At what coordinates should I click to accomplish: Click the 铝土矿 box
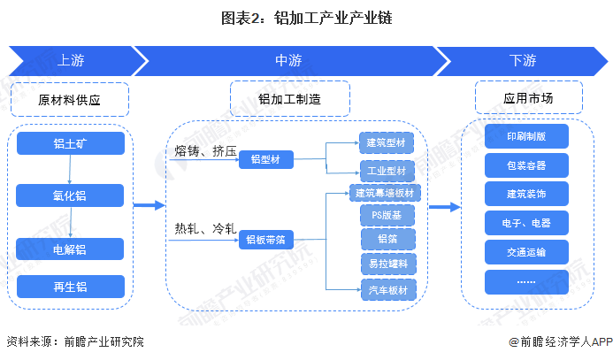point(71,143)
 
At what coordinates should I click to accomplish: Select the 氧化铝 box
point(70,195)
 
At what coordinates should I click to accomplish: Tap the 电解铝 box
point(70,249)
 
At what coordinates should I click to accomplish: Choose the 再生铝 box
point(71,287)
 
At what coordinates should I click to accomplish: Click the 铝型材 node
point(266,159)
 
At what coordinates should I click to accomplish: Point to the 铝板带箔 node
point(266,240)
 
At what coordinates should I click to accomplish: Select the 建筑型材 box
point(387,142)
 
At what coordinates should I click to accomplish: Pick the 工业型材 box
point(387,171)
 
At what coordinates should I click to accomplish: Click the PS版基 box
point(387,215)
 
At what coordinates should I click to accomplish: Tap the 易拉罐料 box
point(388,264)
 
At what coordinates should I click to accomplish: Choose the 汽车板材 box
point(388,289)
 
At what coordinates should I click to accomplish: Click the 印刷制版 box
point(526,136)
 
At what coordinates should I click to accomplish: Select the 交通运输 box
point(526,252)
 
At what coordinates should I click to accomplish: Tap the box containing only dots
point(526,282)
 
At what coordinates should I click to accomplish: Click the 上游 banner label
point(71,60)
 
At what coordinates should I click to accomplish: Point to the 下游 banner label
point(523,60)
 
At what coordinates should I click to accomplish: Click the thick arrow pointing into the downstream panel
point(445,207)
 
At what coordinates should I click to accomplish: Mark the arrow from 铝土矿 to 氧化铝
point(70,169)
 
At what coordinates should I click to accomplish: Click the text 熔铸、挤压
point(205,151)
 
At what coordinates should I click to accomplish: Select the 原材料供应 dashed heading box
point(70,99)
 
